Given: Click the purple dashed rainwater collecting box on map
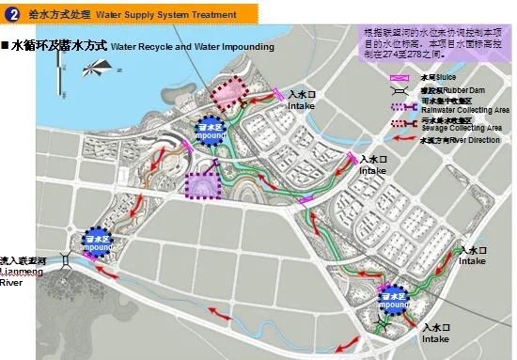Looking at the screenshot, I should (203, 184).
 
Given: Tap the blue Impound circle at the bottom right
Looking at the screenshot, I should (394, 300).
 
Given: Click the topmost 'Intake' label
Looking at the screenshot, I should (301, 105).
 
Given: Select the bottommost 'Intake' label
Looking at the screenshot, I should (435, 338).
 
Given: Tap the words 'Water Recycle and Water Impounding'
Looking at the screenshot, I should (192, 47).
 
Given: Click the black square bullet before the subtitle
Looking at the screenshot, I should (6, 45).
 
